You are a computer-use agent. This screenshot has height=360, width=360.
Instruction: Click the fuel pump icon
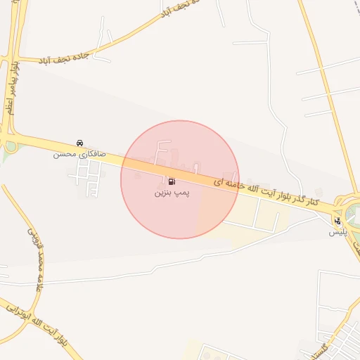(x=172, y=181)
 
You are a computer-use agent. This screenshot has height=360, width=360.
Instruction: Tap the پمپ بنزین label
(x=172, y=191)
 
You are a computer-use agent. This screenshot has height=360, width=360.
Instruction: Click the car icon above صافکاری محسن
(x=79, y=143)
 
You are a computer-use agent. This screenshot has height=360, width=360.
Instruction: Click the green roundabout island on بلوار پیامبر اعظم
(x=11, y=147)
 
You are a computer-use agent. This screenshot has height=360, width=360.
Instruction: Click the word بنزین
(x=163, y=191)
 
